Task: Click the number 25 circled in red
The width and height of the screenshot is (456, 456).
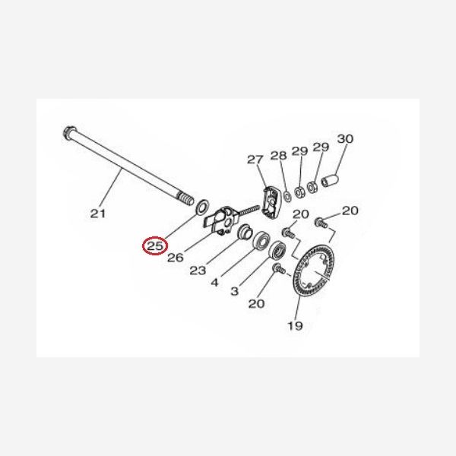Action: click(x=155, y=246)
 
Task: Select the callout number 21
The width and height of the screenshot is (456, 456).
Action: click(x=98, y=214)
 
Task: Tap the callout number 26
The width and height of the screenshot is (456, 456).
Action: click(x=176, y=258)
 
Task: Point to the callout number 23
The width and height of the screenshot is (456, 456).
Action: click(x=198, y=271)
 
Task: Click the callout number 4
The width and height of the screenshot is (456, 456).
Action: click(x=214, y=282)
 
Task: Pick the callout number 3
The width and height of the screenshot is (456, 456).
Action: click(x=234, y=291)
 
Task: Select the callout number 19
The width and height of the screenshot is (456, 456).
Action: click(x=295, y=325)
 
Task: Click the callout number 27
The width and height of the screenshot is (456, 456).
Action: click(x=255, y=160)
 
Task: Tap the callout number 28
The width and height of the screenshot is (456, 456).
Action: click(x=279, y=156)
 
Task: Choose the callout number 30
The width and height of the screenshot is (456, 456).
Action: click(x=345, y=139)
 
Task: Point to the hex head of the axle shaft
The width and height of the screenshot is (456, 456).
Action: click(x=69, y=132)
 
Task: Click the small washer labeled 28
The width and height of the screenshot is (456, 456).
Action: click(x=287, y=197)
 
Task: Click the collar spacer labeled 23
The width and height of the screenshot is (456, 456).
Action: click(x=243, y=231)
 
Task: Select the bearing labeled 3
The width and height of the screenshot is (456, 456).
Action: click(x=277, y=250)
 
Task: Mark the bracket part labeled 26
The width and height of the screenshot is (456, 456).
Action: click(x=223, y=220)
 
